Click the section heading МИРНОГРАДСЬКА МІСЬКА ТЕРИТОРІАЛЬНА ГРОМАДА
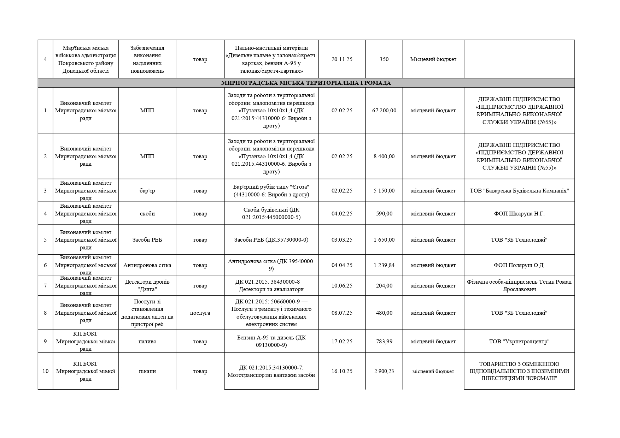tap(306, 83)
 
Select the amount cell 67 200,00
tap(384, 111)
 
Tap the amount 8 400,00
tap(384, 156)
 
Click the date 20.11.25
tap(342, 59)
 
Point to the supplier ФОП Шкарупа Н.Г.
tap(519, 214)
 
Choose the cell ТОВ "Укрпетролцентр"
tap(519, 342)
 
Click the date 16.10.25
tap(342, 371)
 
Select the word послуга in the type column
tap(200, 313)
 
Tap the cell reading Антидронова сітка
tap(147, 265)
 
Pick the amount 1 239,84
tap(384, 265)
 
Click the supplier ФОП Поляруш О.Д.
tap(519, 265)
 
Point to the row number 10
tap(45, 371)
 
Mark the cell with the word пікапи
tap(147, 371)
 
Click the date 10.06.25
tap(342, 286)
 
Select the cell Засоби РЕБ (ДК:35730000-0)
tap(271, 240)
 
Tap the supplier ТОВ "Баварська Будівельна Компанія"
tap(519, 191)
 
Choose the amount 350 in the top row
tap(384, 59)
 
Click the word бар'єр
tap(147, 191)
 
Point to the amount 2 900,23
tap(384, 371)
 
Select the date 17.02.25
tap(342, 342)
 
